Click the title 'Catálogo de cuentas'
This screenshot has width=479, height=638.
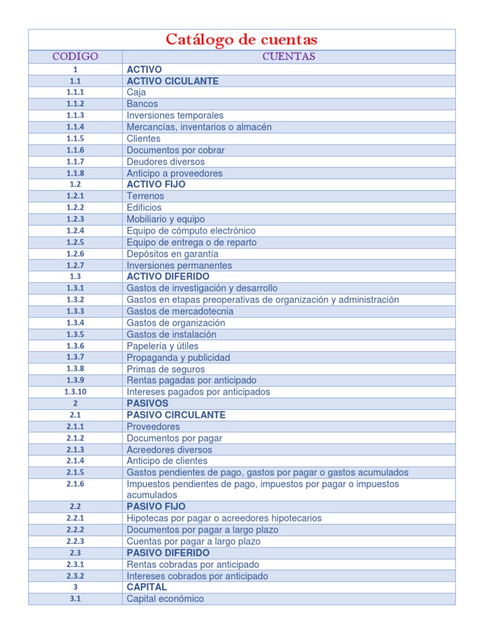[x=241, y=40]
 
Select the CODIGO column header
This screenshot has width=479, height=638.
[x=75, y=57]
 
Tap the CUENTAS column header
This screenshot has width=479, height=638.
[x=288, y=57]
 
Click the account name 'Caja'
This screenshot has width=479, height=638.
[x=136, y=92]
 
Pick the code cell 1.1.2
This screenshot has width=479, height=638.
[x=75, y=104]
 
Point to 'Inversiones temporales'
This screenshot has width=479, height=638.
[x=175, y=115]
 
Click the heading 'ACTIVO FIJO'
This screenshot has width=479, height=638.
[x=156, y=184]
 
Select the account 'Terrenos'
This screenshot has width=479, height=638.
[x=145, y=196]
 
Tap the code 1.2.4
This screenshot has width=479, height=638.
[x=75, y=231]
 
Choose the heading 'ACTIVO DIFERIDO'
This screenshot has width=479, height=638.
[x=168, y=277]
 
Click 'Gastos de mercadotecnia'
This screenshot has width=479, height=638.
[x=180, y=312]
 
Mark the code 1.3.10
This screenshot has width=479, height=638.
[x=75, y=392]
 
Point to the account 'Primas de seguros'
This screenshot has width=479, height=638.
[x=165, y=369]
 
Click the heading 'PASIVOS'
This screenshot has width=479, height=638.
[x=147, y=404]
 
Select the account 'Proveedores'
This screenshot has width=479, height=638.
[x=153, y=427]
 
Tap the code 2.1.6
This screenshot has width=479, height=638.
[x=75, y=484]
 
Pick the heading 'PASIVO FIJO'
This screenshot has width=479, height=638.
[x=156, y=507]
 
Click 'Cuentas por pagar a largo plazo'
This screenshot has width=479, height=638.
[x=193, y=541]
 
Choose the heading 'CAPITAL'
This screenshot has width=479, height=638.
[x=147, y=587]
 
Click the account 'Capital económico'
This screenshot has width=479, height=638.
[x=165, y=599]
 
